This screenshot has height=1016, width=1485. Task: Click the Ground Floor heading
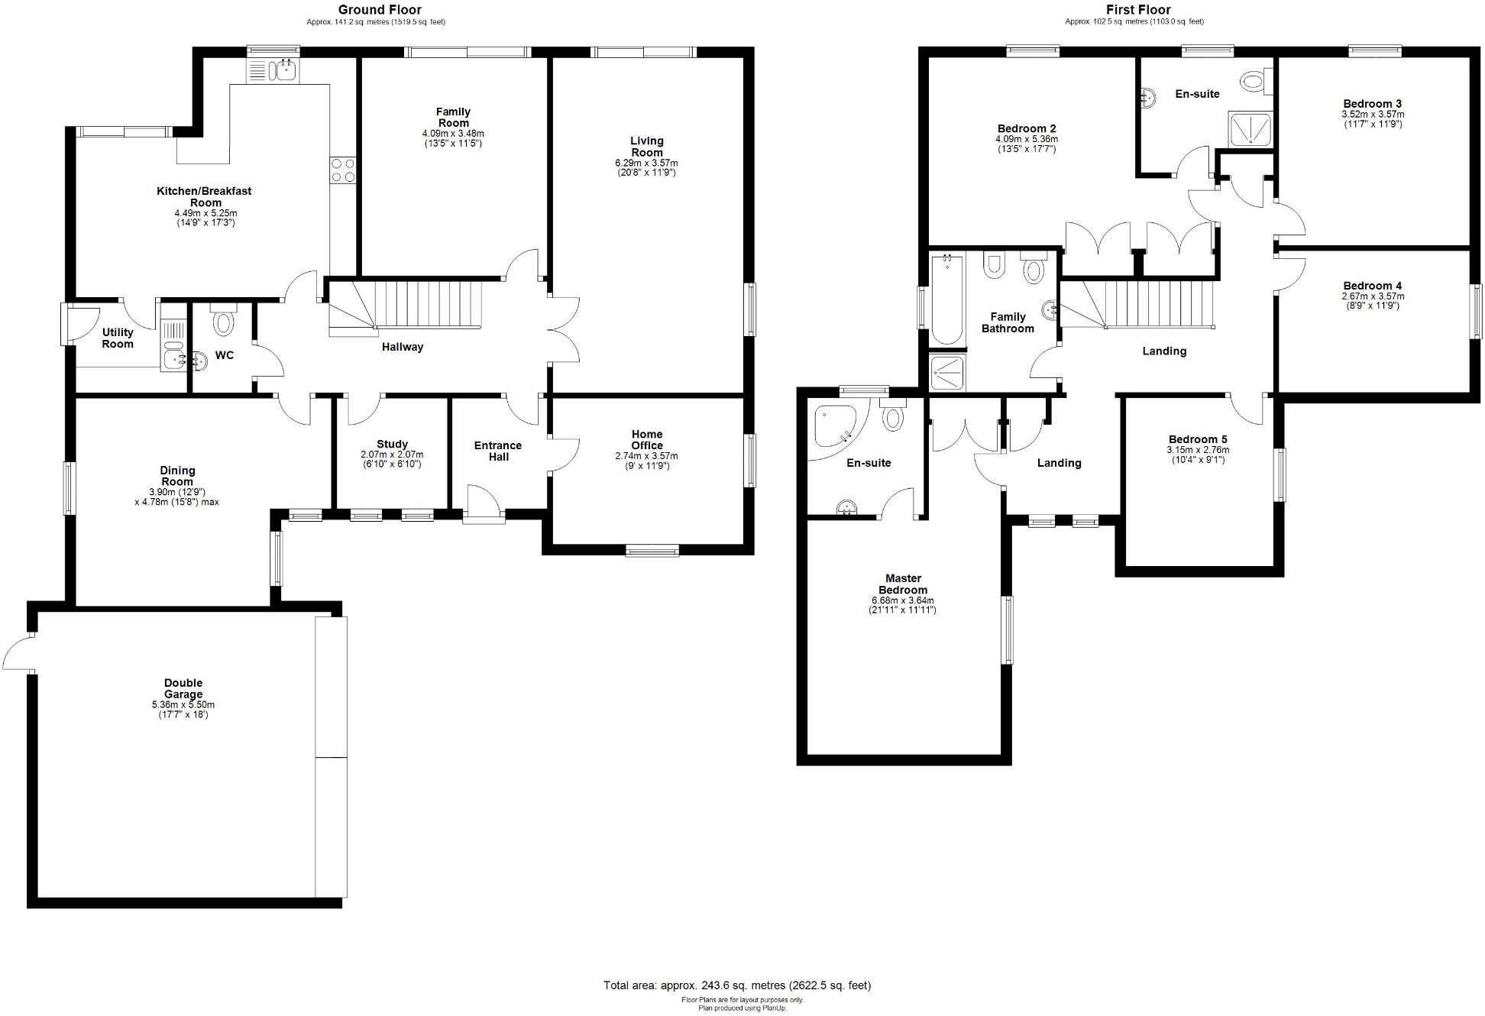click(380, 10)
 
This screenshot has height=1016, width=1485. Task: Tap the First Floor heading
click(1138, 10)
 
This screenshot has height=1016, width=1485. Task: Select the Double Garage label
click(183, 688)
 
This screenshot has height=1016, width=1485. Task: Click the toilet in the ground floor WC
click(223, 321)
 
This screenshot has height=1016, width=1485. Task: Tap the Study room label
click(392, 444)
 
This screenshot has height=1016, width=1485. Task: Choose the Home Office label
click(646, 440)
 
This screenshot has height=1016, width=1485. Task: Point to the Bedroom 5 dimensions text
click(1197, 455)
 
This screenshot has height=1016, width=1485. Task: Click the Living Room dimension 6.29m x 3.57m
click(646, 163)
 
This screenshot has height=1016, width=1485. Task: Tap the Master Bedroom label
click(903, 584)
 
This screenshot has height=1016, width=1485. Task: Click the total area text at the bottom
click(737, 985)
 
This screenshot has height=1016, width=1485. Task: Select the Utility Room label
click(118, 338)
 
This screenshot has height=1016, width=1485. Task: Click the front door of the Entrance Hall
click(483, 503)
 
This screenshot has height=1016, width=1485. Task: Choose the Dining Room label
click(177, 476)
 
